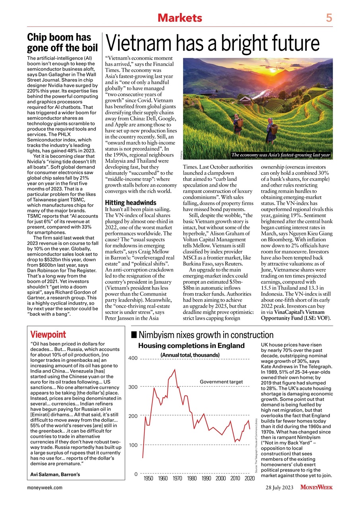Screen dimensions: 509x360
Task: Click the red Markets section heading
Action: pyautogui.click(x=180, y=17)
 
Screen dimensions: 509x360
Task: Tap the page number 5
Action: pyautogui.click(x=329, y=17)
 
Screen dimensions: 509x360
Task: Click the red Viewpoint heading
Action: pyautogui.click(x=48, y=334)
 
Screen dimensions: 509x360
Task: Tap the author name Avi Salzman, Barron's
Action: pyautogui.click(x=55, y=474)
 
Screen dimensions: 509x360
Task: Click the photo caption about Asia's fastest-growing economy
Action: pyautogui.click(x=281, y=155)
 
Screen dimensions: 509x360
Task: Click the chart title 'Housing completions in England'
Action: pyautogui.click(x=191, y=346)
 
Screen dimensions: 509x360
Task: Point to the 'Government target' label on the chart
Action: pyautogui.click(x=221, y=382)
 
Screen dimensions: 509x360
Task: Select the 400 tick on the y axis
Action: pyautogui.click(x=133, y=358)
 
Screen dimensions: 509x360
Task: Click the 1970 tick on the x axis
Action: pyautogui.click(x=177, y=478)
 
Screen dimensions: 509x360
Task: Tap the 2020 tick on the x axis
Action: pyautogui.click(x=250, y=478)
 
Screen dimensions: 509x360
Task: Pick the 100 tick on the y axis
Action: pyautogui.click(x=133, y=445)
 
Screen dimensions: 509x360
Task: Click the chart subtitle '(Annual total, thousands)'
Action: pyautogui.click(x=190, y=355)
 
